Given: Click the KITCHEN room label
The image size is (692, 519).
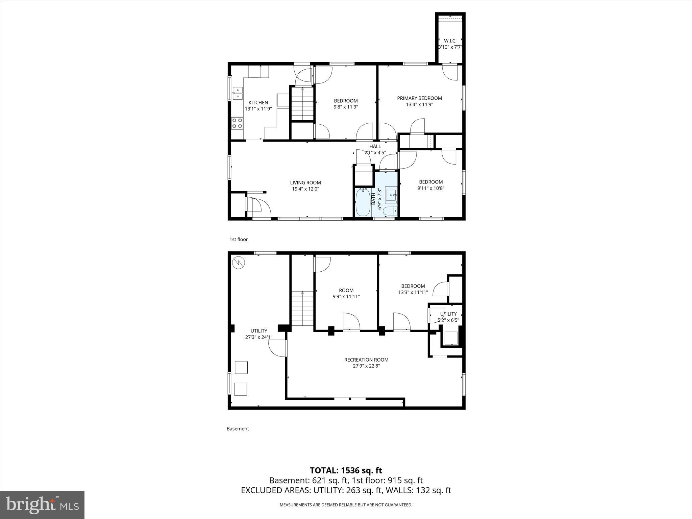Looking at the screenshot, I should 258,103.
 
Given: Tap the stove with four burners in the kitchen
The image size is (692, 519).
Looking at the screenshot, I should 237,123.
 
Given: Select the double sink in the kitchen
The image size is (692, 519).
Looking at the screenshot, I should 237,93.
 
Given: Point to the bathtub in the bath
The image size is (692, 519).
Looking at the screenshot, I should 363,202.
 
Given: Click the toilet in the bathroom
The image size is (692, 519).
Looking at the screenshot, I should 391,212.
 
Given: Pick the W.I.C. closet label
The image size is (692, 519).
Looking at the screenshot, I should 450,41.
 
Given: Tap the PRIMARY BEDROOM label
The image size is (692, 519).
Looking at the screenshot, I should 419,98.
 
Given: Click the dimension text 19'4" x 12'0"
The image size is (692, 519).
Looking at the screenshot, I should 305,189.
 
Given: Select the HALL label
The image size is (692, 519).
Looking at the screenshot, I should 375,146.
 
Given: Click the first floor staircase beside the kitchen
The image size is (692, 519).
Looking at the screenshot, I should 302,103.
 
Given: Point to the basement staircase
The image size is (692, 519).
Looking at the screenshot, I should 302,308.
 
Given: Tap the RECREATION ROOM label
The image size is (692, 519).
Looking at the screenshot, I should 366,360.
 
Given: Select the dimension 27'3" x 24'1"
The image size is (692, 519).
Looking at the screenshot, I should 259,337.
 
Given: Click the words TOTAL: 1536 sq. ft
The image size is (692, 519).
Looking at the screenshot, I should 346,470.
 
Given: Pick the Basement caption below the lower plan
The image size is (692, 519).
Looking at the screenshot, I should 238,429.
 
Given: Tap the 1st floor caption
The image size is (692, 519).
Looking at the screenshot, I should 239,240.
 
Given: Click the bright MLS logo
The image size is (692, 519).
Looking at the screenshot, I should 42,505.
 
